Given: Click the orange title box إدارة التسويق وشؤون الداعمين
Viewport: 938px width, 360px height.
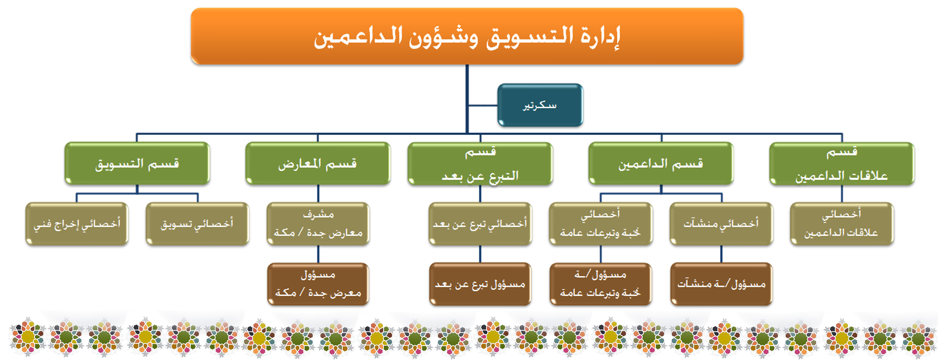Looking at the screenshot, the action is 467,36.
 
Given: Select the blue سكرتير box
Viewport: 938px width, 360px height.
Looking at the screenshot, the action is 540,105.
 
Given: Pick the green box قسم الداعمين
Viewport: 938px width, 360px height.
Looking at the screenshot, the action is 661,164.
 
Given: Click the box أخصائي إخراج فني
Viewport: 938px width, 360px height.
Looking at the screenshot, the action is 77,224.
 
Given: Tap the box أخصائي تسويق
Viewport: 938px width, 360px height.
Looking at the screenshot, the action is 197,224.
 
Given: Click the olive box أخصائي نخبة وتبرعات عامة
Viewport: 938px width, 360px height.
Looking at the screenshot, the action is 601,224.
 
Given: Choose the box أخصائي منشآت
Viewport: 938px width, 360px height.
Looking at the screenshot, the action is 721,224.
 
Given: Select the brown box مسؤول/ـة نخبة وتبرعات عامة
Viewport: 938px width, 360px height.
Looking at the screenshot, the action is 601,284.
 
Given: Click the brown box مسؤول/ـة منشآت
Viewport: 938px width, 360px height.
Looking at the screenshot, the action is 721,284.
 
